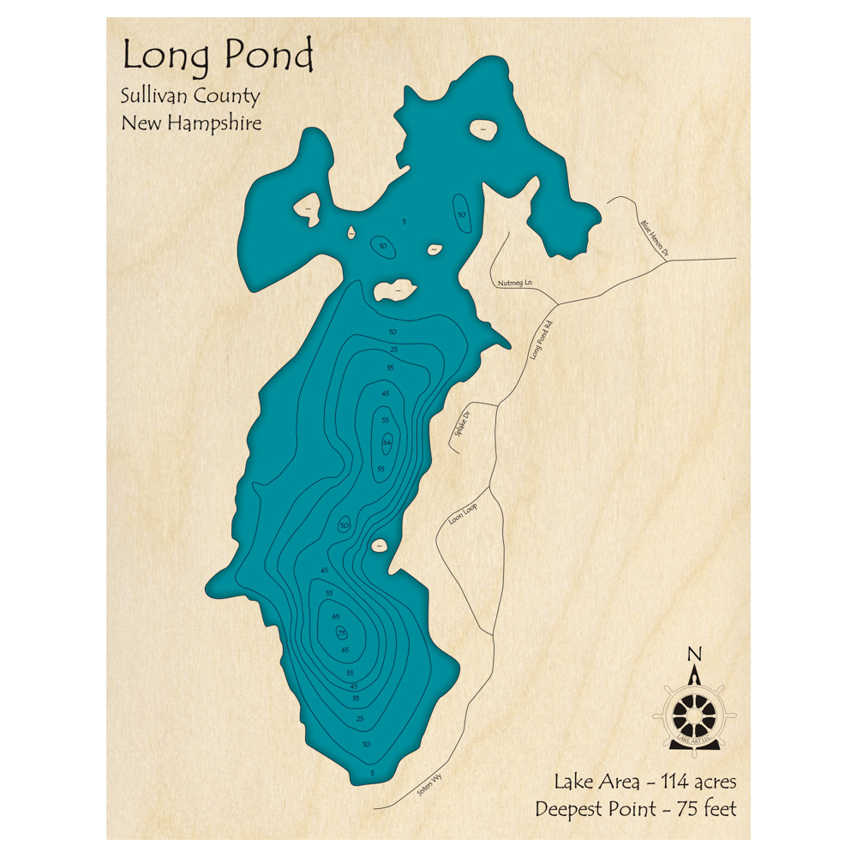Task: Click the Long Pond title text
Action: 218,56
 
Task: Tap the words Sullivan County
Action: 190,97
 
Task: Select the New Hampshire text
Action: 191,123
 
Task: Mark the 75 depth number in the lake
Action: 341,632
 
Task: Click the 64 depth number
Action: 387,442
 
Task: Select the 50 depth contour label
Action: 345,524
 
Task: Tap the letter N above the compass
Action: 694,656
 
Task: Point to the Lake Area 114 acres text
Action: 644,782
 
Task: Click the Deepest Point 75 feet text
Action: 635,808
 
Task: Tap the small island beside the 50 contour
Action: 378,545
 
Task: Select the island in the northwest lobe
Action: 306,208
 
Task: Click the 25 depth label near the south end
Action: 360,718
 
